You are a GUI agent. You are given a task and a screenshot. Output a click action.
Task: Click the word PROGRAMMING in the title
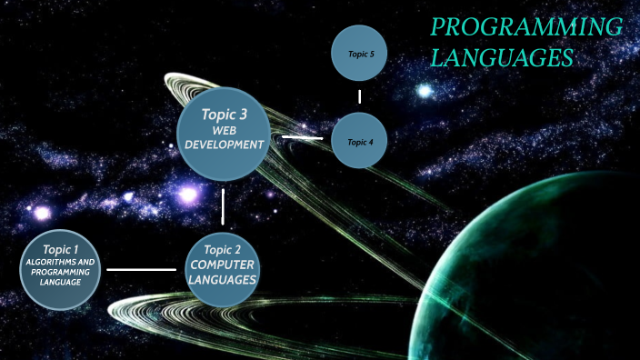(x=525, y=27)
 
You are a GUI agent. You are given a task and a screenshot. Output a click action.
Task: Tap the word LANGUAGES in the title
(x=501, y=58)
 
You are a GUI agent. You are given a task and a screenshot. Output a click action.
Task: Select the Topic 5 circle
(x=361, y=55)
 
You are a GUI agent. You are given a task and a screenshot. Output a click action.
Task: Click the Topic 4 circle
(x=361, y=142)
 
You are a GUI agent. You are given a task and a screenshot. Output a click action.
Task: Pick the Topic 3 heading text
(x=224, y=115)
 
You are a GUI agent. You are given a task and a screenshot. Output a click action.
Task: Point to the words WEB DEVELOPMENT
(x=224, y=137)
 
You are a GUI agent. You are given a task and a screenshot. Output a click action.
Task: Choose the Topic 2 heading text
(x=223, y=249)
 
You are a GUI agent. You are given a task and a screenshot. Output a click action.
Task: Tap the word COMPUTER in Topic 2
(x=223, y=264)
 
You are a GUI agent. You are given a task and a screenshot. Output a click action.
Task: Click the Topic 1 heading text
(x=60, y=248)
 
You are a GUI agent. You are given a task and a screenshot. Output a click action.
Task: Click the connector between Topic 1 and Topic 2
(x=141, y=269)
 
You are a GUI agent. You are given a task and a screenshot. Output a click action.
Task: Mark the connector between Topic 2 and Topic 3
(x=223, y=206)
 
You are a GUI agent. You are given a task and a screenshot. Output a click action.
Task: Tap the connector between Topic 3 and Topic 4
(x=303, y=137)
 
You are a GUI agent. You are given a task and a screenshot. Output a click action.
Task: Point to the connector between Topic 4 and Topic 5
(x=360, y=96)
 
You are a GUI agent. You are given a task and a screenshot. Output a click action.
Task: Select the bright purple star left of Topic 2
(x=187, y=194)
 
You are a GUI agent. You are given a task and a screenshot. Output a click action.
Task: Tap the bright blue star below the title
(x=425, y=91)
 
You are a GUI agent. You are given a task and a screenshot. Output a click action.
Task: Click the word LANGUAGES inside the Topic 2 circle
(x=223, y=278)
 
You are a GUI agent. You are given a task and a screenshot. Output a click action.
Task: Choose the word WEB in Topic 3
(x=224, y=131)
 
